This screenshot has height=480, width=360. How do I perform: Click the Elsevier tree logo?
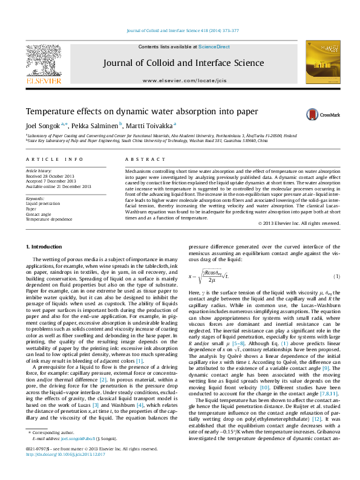(x=43, y=61)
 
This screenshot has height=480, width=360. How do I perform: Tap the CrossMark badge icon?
(x=313, y=114)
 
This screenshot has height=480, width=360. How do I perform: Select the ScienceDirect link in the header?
(x=214, y=47)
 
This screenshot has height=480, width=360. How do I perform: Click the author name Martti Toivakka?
(x=151, y=125)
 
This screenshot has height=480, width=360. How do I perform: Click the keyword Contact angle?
(x=38, y=214)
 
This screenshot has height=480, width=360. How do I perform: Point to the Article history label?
(x=38, y=171)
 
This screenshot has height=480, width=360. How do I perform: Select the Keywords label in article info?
(x=36, y=198)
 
